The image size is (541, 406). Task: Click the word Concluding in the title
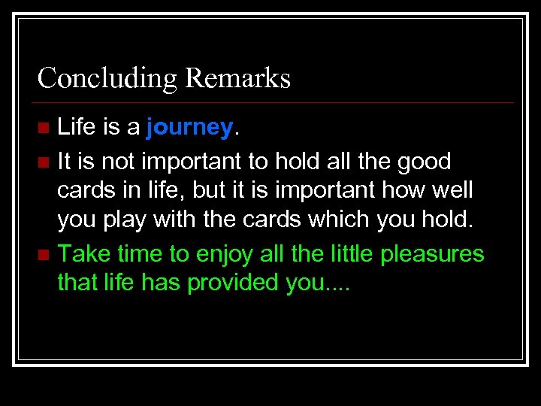(101, 78)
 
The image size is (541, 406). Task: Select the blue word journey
(190, 129)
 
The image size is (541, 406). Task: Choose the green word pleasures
(432, 254)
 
